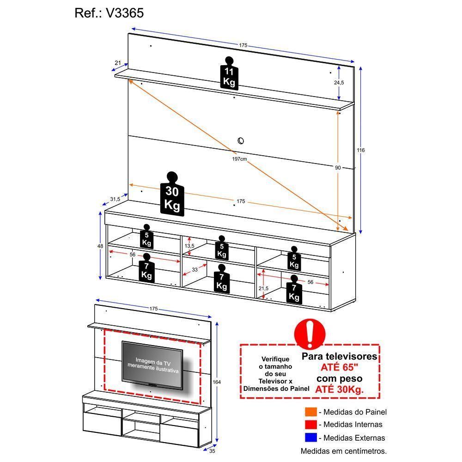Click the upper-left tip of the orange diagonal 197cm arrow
pyautogui.click(x=128, y=80)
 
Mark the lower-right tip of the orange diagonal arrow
pyautogui.click(x=348, y=231)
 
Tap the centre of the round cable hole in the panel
pyautogui.click(x=241, y=140)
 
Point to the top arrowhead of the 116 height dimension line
pyautogui.click(x=360, y=67)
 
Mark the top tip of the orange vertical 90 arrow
pyautogui.click(x=338, y=111)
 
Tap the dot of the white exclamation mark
pyautogui.click(x=310, y=343)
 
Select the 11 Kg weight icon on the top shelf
pyautogui.click(x=229, y=73)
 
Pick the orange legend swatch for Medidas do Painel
pyautogui.click(x=311, y=412)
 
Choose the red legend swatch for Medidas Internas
pyautogui.click(x=311, y=424)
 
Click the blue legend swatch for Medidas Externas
pyautogui.click(x=311, y=437)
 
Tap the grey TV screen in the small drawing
pyautogui.click(x=152, y=365)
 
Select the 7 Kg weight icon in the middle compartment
pyautogui.click(x=222, y=279)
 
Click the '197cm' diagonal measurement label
pyautogui.click(x=239, y=159)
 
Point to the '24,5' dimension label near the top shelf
pyautogui.click(x=339, y=83)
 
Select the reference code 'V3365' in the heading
pyautogui.click(x=125, y=13)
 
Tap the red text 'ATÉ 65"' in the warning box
pyautogui.click(x=340, y=367)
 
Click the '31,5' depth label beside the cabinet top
pyautogui.click(x=115, y=199)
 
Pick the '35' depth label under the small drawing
pyautogui.click(x=212, y=451)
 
